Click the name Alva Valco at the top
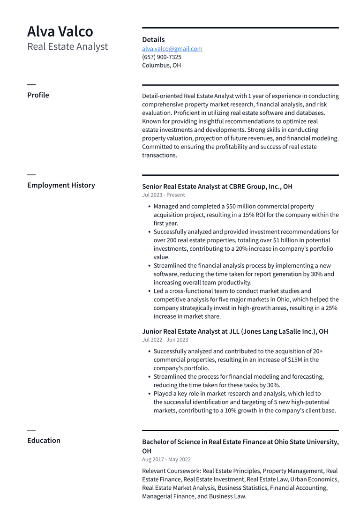60,31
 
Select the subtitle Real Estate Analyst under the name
67,46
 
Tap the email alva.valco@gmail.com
172,49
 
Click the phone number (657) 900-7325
162,57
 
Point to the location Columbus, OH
161,66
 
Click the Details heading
153,40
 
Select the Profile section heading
38,95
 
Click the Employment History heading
61,185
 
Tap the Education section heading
44,441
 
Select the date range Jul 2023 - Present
164,195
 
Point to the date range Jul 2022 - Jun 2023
165,340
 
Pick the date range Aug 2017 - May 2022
166,460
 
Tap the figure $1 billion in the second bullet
287,240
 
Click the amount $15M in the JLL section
291,360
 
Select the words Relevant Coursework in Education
171,471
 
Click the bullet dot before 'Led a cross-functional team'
149,291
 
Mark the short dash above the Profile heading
31,84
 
